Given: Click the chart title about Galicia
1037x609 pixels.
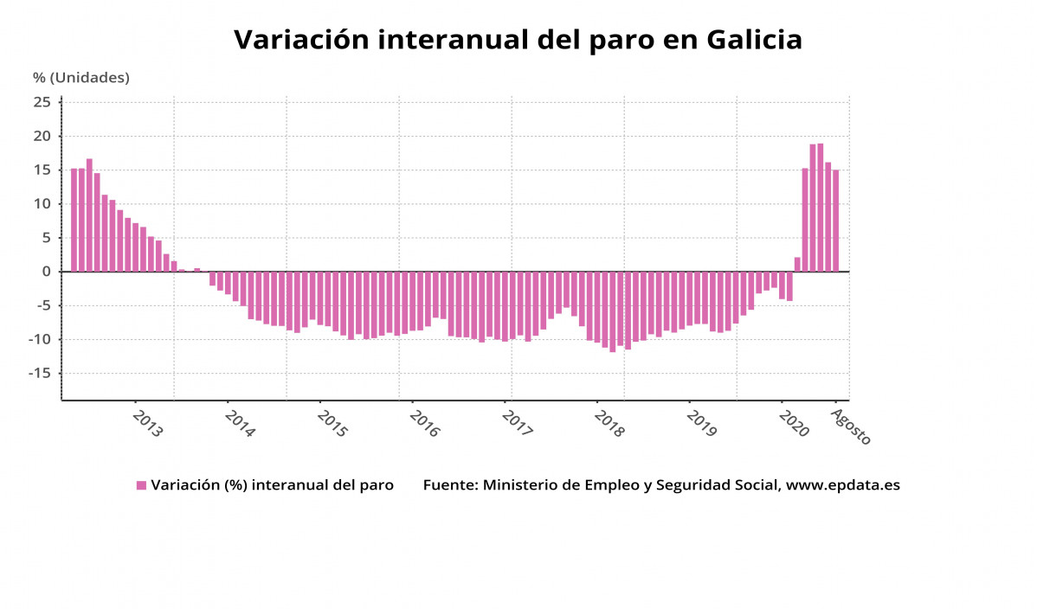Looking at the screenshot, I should [x=518, y=40].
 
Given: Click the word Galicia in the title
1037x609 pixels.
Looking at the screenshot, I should [x=754, y=40].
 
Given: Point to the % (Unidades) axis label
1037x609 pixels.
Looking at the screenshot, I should [x=81, y=78].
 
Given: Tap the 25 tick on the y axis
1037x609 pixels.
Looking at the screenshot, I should [x=42, y=102].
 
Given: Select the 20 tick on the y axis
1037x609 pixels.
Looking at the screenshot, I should [x=42, y=136].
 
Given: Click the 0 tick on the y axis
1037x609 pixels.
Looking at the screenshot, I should [x=48, y=272].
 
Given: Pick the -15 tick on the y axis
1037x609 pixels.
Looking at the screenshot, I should [x=39, y=373].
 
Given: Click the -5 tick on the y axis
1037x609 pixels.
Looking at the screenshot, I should [x=42, y=305].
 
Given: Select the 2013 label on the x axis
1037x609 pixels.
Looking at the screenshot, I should [x=147, y=424].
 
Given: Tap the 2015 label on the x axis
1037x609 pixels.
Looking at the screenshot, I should [x=332, y=424].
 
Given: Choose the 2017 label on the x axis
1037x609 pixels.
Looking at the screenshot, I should [x=517, y=424].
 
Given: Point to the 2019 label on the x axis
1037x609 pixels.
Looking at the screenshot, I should [x=701, y=424].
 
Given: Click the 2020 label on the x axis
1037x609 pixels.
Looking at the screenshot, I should [x=793, y=424].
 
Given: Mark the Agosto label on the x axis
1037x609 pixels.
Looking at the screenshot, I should [x=850, y=426].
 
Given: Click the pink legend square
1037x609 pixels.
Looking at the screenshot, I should [x=141, y=485].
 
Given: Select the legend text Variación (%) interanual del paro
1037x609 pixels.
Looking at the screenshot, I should [x=272, y=485].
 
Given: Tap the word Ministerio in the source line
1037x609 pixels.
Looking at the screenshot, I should [x=521, y=485].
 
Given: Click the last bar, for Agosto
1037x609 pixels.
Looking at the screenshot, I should [x=835, y=221].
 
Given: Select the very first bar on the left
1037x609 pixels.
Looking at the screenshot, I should [x=74, y=220].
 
